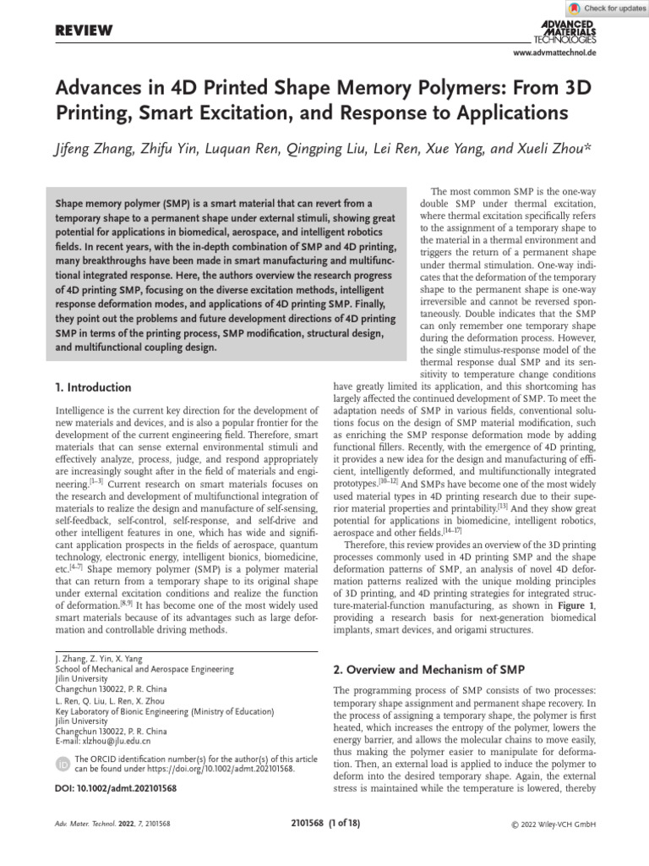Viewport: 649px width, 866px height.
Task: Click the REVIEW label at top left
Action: [84, 30]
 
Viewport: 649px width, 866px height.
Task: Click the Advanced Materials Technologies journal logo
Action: [565, 29]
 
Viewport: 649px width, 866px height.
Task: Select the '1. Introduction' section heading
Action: [93, 387]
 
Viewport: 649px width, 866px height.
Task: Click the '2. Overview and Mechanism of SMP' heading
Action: [429, 669]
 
